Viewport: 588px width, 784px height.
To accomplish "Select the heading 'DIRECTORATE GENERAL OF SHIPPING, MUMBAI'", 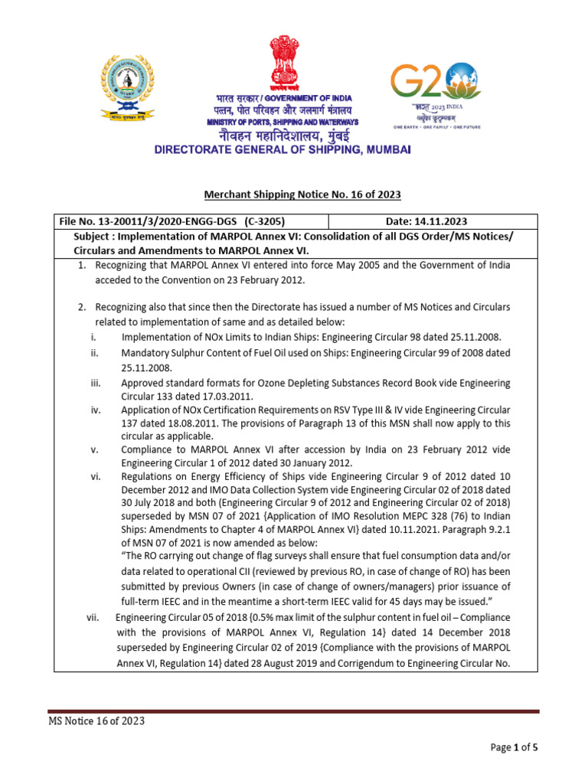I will coord(283,151).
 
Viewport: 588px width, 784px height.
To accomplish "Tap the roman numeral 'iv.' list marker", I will coord(96,410).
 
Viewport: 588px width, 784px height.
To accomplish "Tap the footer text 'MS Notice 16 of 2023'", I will coord(96,721).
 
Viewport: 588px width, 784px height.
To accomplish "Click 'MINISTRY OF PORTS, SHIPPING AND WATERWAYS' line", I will coord(283,122).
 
